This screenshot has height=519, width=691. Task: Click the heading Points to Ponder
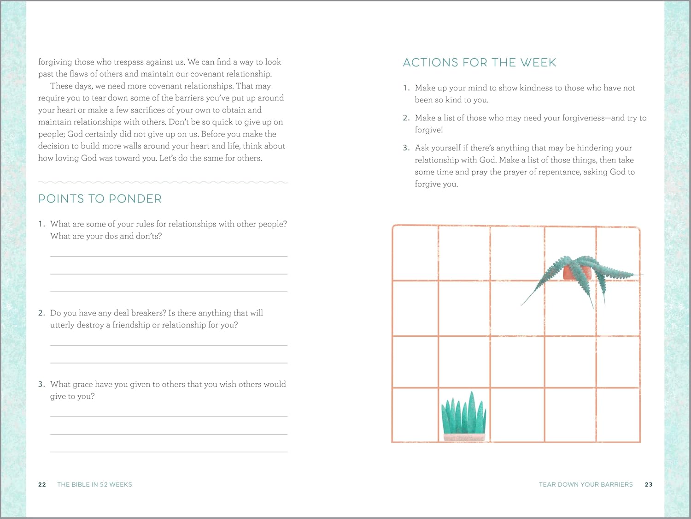pos(100,199)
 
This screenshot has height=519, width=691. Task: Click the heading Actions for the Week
pos(480,63)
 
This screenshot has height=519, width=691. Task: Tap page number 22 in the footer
pos(42,484)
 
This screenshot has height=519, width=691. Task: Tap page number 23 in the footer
pos(649,484)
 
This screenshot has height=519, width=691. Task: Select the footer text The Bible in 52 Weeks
pos(94,484)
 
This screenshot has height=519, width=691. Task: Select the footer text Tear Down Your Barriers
pos(586,484)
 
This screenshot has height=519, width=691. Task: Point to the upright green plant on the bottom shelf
pos(463,413)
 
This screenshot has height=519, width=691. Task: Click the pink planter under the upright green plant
pos(464,437)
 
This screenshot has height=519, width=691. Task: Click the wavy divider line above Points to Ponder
pos(163,183)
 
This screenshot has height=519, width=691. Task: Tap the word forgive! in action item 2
pos(429,130)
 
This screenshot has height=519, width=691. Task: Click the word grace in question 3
pos(82,384)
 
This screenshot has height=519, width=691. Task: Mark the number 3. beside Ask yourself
pos(406,148)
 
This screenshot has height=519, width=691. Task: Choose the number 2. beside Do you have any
pos(41,313)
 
